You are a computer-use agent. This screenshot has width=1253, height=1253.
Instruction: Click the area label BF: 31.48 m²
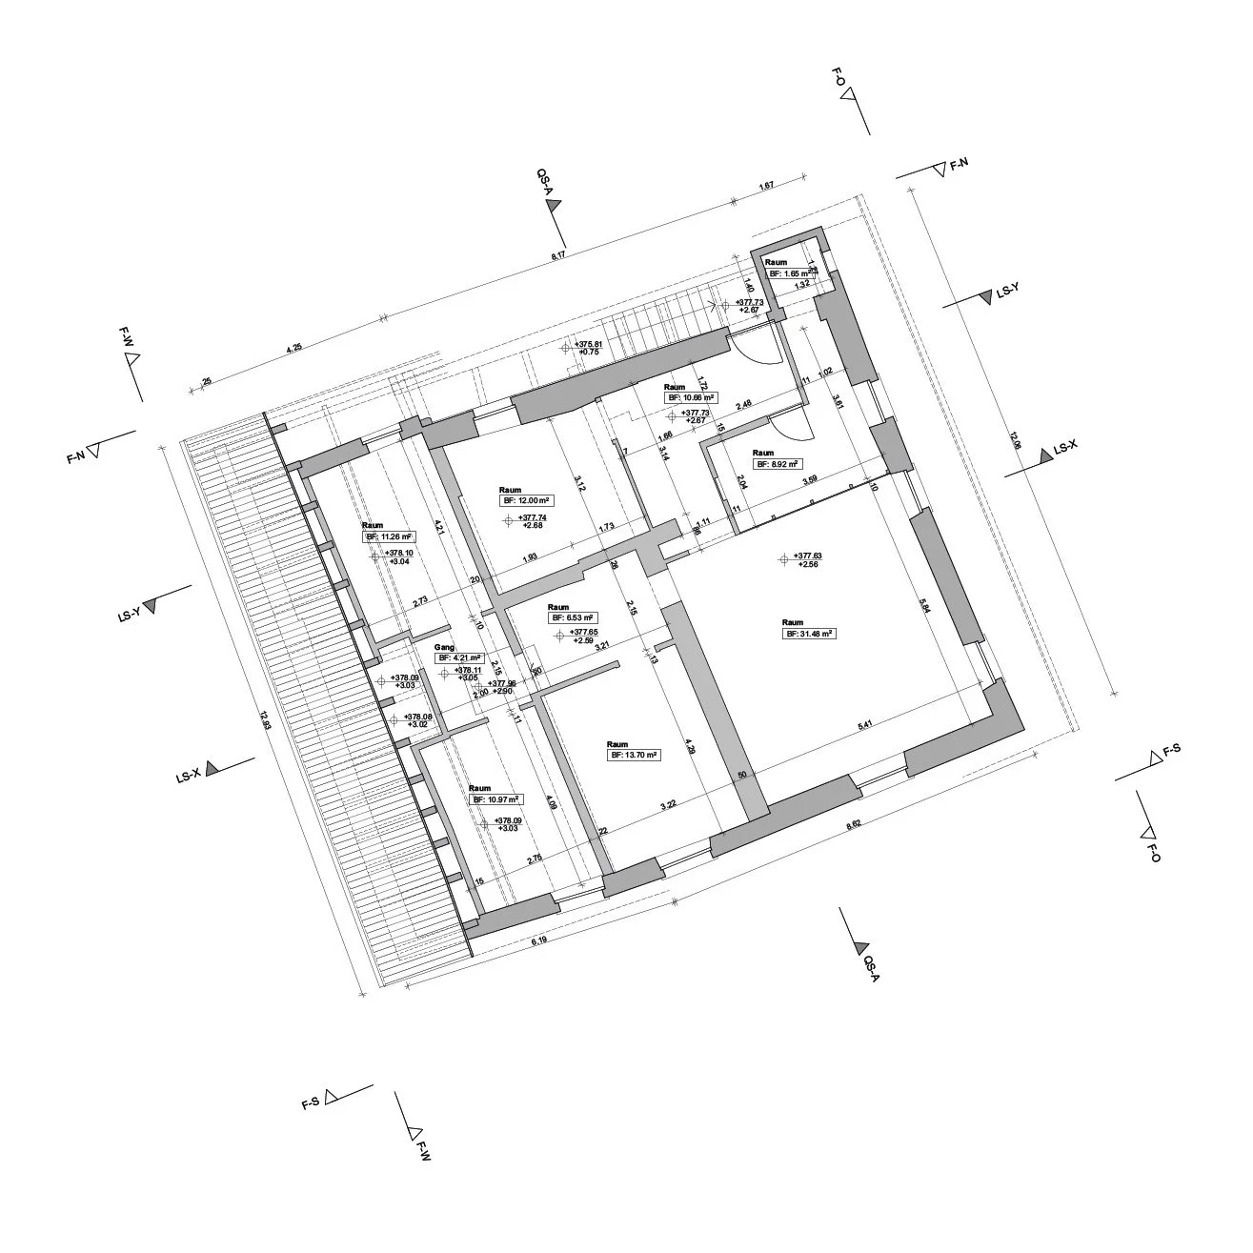(x=809, y=633)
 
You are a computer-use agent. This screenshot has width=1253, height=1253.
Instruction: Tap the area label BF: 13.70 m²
(x=636, y=754)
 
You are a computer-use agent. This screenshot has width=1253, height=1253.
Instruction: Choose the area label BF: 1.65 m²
(x=792, y=273)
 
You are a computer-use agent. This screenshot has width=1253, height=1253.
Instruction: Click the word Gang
(x=444, y=647)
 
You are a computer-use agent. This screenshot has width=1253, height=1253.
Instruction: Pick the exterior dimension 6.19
(x=541, y=942)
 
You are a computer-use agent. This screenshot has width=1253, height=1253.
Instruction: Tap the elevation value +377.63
(x=806, y=556)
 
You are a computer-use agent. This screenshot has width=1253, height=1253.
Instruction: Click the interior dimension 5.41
(x=865, y=726)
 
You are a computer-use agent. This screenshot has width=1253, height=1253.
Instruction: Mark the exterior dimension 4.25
(x=294, y=348)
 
